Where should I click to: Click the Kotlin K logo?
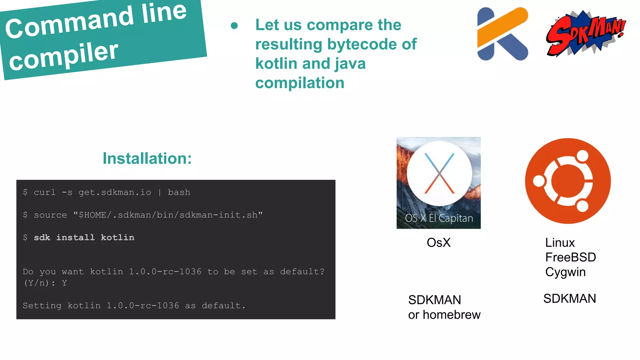(x=502, y=34)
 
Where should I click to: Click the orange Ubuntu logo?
(x=567, y=181)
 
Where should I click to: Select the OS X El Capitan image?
(x=438, y=183)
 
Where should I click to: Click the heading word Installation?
(x=147, y=158)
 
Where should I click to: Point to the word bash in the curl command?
(x=179, y=192)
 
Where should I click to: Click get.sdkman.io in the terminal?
(x=115, y=192)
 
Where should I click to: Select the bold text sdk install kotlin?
(x=84, y=237)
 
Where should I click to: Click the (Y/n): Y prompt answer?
(x=45, y=283)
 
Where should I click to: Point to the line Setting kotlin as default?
(x=134, y=306)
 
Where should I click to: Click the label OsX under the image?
(x=438, y=243)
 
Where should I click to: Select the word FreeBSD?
(x=570, y=257)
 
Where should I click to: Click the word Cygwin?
(x=565, y=272)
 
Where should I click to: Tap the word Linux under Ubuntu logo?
(x=560, y=243)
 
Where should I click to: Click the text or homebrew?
(x=444, y=315)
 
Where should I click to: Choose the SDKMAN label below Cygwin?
(x=569, y=299)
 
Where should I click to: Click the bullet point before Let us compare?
(x=234, y=26)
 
